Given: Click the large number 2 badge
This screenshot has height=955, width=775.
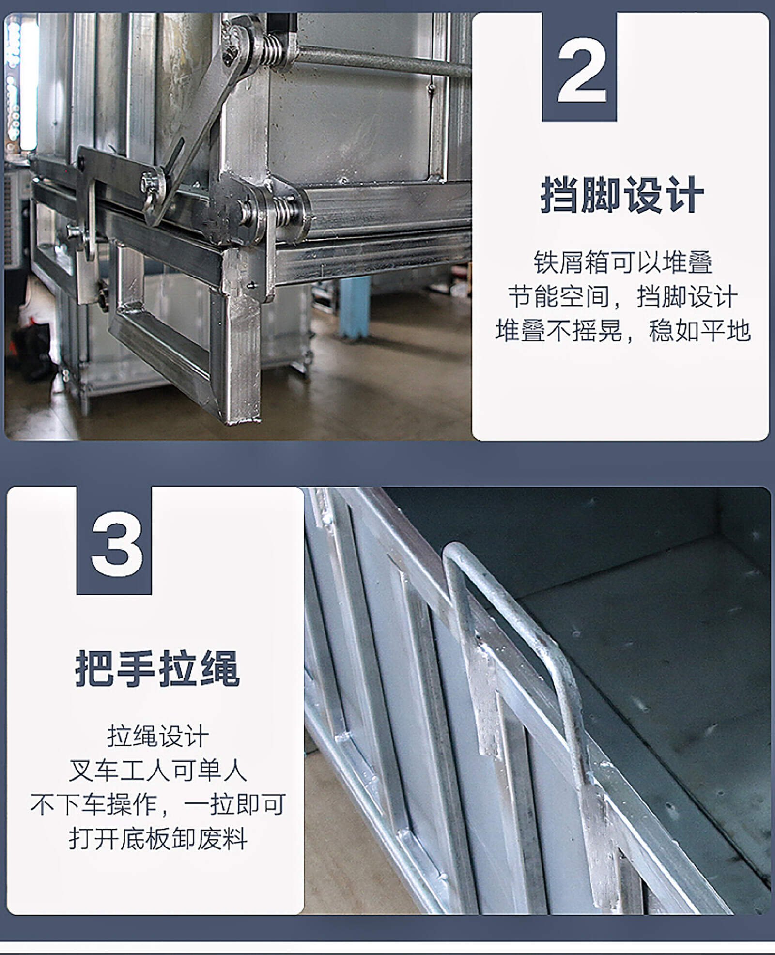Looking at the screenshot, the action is (x=579, y=67).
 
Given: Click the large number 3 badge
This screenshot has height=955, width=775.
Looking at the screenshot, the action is (x=114, y=540).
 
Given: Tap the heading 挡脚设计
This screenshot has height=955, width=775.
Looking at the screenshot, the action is (x=621, y=195).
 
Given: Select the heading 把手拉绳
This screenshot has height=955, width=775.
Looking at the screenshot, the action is (x=157, y=669).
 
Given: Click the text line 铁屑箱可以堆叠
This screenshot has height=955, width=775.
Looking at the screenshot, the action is (x=623, y=262).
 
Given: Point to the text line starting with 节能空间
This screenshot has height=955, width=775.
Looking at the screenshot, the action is (x=623, y=297).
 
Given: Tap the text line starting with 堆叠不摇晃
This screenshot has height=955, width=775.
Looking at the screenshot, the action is (x=623, y=331).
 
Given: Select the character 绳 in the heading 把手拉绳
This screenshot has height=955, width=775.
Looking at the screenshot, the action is (x=220, y=669).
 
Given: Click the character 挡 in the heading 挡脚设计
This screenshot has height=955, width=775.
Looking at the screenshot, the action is (x=560, y=195).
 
